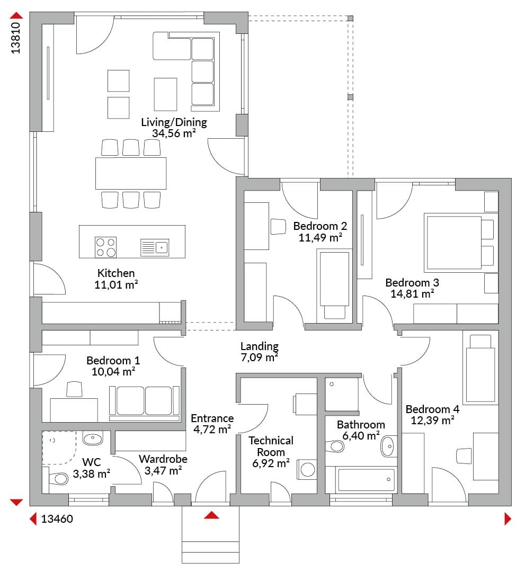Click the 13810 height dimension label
15,38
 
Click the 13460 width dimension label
57,519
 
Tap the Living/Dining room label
174,122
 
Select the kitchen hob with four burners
106,247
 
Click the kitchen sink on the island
155,248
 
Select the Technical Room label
271,446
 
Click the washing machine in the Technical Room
307,469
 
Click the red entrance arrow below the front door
211,515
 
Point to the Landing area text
260,346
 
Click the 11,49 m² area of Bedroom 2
321,237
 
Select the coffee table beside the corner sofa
165,94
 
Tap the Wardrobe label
163,459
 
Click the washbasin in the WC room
93,438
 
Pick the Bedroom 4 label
432,409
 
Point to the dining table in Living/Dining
131,173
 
